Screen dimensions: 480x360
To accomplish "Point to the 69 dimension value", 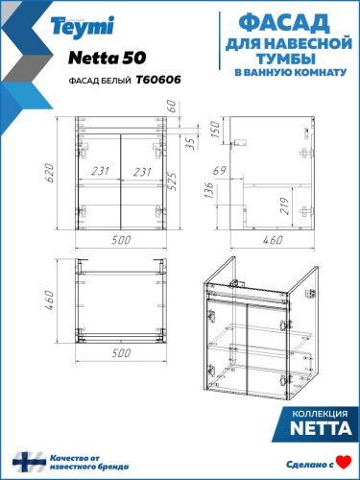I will [220, 170].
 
